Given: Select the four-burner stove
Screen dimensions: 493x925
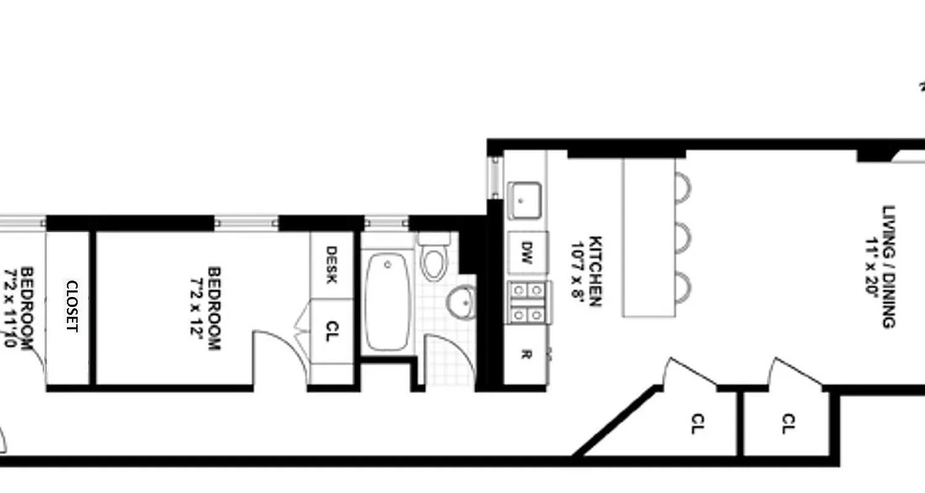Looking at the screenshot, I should click(x=528, y=302).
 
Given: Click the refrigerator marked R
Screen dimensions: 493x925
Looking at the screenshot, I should click(x=525, y=355).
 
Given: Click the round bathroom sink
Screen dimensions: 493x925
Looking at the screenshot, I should click(x=461, y=301).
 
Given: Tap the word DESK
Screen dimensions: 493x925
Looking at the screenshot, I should click(x=331, y=265).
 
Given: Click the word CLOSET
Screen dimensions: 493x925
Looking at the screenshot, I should click(x=72, y=306).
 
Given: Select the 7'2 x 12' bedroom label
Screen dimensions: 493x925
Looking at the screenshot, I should click(x=206, y=308).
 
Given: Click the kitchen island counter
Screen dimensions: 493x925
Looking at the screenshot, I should click(x=647, y=237).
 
